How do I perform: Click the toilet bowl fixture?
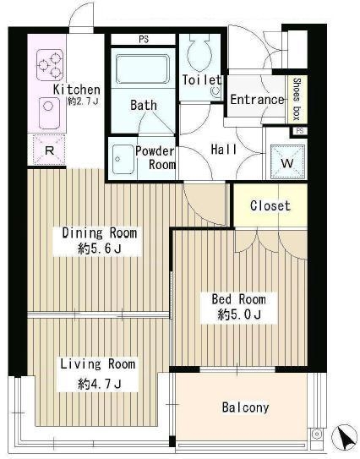[x=200, y=52]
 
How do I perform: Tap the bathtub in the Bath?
[x=143, y=69]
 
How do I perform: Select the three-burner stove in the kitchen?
[x=50, y=65]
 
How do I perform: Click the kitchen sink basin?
[x=50, y=113]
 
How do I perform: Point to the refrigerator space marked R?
[x=49, y=150]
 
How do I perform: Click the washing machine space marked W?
[x=286, y=161]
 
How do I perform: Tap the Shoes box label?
[x=297, y=99]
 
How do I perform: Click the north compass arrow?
[x=344, y=437]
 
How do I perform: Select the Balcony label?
[x=245, y=407]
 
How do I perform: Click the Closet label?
[x=270, y=205]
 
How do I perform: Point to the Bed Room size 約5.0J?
[x=239, y=315]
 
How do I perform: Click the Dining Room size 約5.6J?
[x=100, y=249]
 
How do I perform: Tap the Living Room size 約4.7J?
[x=100, y=384]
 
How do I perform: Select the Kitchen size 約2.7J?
[x=84, y=101]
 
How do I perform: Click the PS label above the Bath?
[x=144, y=40]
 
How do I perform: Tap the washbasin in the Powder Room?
[x=123, y=160]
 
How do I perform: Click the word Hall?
[x=224, y=150]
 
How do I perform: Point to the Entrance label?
[x=257, y=100]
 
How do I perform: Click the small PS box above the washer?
[x=299, y=131]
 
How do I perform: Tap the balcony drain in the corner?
[x=316, y=433]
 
